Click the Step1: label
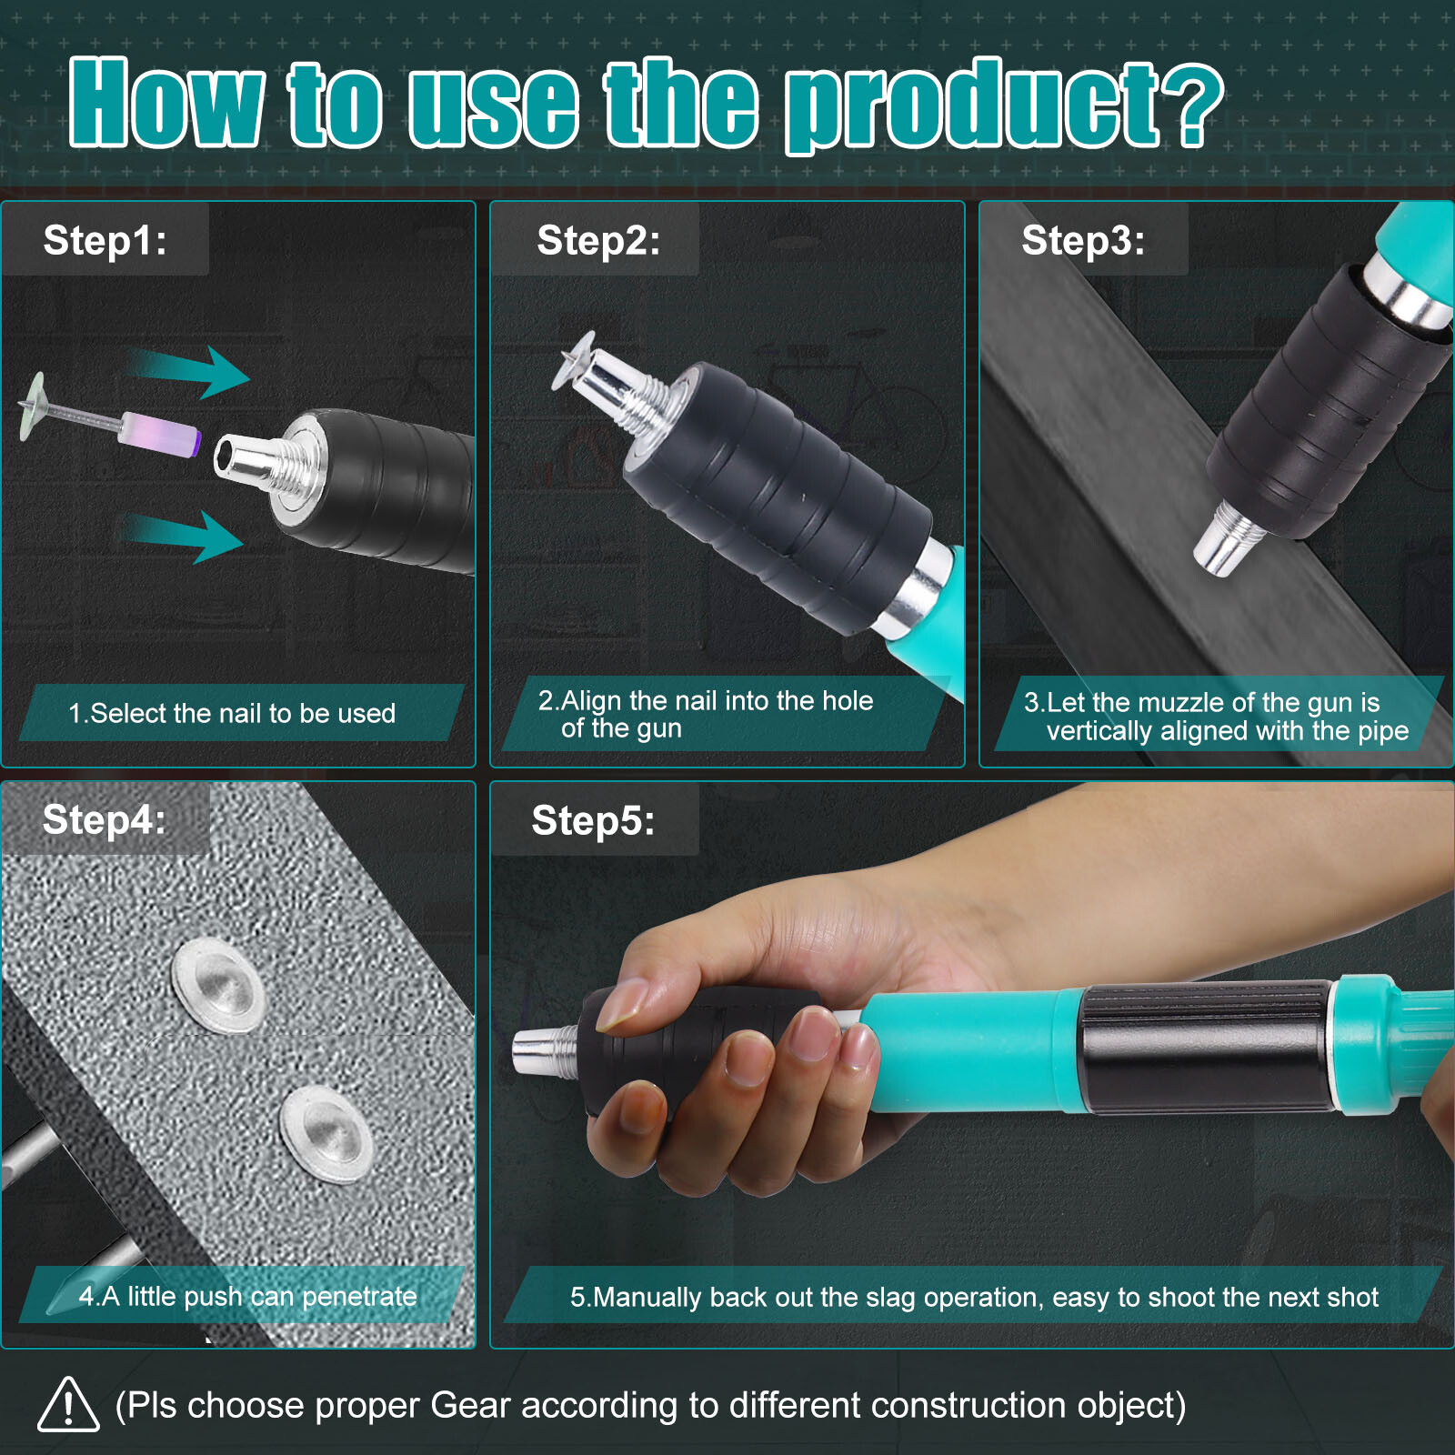[x=105, y=241]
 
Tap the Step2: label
[x=598, y=241]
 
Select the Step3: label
[x=1083, y=241]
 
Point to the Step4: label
[x=105, y=819]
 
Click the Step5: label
[x=593, y=820]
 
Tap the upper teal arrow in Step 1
[x=186, y=371]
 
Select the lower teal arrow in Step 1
[x=182, y=537]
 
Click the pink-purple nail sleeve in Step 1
[x=159, y=433]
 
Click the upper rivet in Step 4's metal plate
[x=218, y=986]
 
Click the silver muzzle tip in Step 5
[x=546, y=1052]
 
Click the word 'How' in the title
[x=167, y=102]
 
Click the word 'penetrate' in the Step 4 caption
[x=358, y=1296]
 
